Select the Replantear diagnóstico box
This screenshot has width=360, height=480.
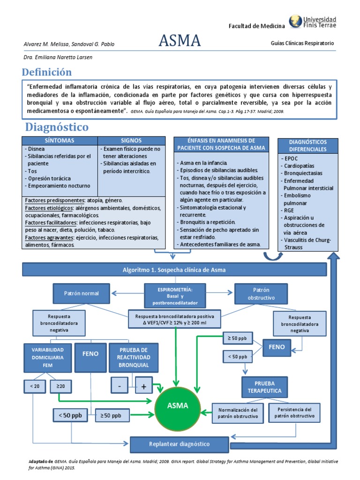click(x=180, y=444)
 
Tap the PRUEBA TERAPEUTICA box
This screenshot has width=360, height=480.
click(x=264, y=387)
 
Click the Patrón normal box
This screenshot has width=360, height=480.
click(x=82, y=293)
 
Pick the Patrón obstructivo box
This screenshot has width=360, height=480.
click(x=261, y=293)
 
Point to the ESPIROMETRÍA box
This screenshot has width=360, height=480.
click(x=175, y=296)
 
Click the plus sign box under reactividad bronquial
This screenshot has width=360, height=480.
click(x=144, y=386)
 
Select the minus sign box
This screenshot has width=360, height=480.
click(x=120, y=386)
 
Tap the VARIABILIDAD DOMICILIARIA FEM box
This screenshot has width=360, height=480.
click(x=48, y=358)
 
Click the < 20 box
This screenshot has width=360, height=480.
click(x=35, y=386)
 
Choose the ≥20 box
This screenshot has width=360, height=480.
click(x=60, y=386)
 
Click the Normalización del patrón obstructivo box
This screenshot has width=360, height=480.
click(x=238, y=413)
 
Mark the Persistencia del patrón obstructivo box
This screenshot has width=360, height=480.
click(x=294, y=412)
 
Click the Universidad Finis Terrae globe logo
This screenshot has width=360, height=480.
click(x=295, y=21)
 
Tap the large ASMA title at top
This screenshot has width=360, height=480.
click(x=180, y=40)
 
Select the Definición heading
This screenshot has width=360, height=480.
click(x=47, y=72)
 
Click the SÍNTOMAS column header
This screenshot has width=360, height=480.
click(x=60, y=141)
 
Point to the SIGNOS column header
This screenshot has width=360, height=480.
click(x=131, y=141)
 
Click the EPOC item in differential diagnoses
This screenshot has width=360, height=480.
click(x=291, y=158)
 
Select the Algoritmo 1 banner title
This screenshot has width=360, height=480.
click(x=174, y=270)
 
